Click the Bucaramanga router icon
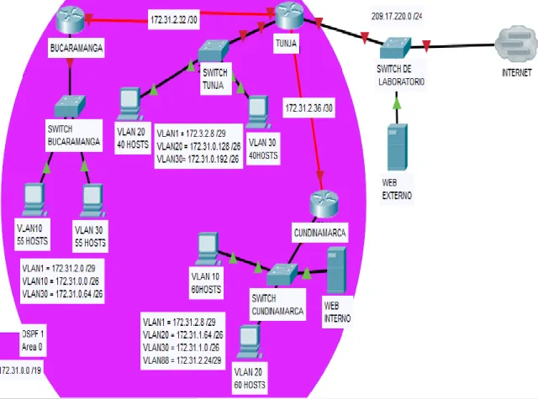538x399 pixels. point(71,18)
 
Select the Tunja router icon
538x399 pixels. point(289,15)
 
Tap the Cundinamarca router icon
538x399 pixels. point(324,205)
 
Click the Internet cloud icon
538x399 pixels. point(515,44)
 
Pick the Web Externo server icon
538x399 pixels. point(398,147)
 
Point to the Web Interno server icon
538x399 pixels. point(336,270)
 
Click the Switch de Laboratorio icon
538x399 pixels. point(395,48)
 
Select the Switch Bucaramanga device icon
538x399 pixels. point(70,107)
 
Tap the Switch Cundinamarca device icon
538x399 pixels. point(282,275)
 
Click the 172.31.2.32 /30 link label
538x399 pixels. point(174,20)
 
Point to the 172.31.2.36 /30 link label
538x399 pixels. point(309,108)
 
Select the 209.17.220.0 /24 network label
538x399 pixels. point(397,17)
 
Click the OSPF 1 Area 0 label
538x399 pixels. point(33,340)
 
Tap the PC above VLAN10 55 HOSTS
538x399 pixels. point(34,200)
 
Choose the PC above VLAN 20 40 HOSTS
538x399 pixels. point(129,103)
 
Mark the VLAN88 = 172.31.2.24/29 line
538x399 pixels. point(182,360)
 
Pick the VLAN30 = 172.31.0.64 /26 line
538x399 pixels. point(62,294)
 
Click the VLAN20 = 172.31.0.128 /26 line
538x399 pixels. point(198,147)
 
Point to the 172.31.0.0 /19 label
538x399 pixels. point(20,370)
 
